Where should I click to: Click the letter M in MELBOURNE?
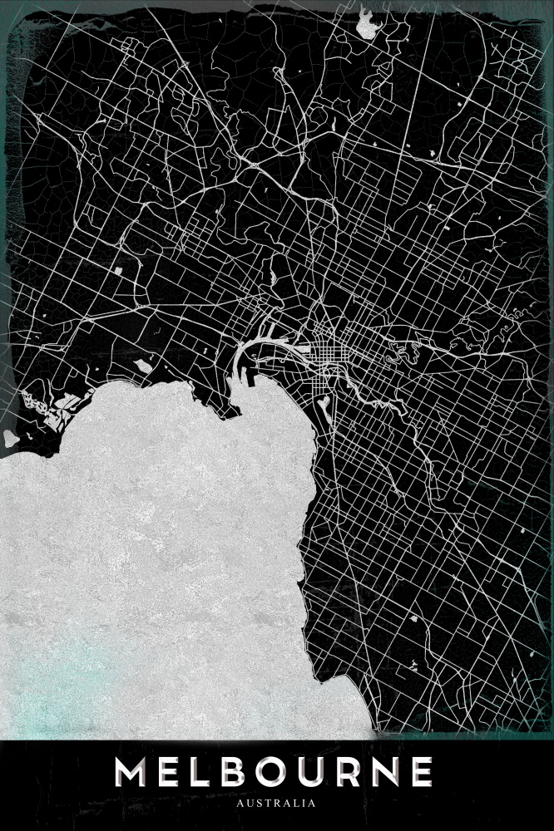(133, 772)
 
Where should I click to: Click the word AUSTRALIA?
(276, 804)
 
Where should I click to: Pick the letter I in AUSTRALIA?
(304, 804)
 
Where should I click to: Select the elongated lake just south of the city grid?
(322, 402)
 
